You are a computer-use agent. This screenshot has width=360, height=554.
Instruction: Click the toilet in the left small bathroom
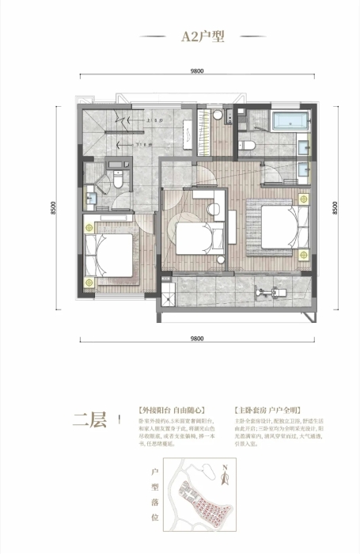coord(116,180)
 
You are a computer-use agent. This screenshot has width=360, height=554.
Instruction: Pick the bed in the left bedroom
coord(108,256)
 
